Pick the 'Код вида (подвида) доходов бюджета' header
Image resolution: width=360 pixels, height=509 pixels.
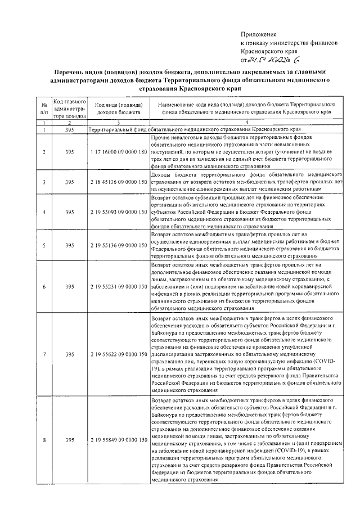point(118,109)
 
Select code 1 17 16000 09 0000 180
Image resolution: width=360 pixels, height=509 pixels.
point(118,152)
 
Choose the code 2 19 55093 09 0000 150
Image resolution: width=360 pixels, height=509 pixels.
point(118,212)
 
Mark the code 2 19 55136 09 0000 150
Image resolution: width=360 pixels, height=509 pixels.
point(118,245)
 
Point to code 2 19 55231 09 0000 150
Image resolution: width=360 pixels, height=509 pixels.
point(118,286)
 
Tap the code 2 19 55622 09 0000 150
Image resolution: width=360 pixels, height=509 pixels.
point(118,354)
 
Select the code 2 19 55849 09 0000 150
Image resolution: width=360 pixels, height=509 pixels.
point(118,439)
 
